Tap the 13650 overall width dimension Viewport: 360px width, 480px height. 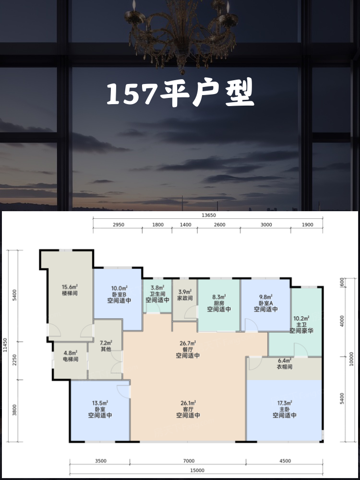(208, 215)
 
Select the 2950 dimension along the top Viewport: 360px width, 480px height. (119, 225)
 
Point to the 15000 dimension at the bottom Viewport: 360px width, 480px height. (197, 470)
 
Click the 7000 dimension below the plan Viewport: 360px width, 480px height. (189, 461)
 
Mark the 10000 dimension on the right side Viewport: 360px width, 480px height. (351, 359)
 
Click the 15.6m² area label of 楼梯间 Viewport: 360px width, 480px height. (70, 287)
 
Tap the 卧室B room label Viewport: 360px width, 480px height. (119, 294)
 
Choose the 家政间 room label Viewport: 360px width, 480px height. (185, 298)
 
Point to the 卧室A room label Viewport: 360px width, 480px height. (266, 303)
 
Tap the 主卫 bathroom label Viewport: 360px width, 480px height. (301, 324)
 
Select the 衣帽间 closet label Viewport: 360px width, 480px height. (284, 367)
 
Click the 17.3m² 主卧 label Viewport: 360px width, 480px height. (284, 409)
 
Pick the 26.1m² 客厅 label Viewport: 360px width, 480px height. (188, 409)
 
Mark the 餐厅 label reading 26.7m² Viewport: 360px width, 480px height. (188, 349)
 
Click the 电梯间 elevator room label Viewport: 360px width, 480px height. (71, 359)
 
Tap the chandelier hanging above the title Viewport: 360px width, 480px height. (182, 34)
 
